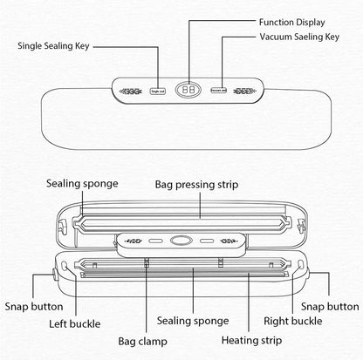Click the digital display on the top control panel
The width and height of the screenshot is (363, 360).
tap(187, 89)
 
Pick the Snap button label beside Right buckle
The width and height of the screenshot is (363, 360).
tap(330, 307)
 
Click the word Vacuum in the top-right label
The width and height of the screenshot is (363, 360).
tap(278, 37)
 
